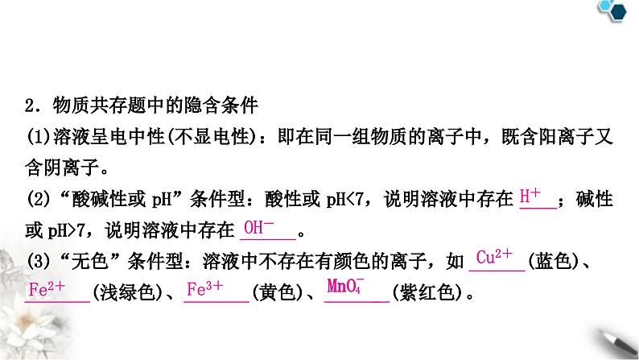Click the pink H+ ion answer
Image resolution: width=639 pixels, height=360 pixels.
point(531,196)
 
